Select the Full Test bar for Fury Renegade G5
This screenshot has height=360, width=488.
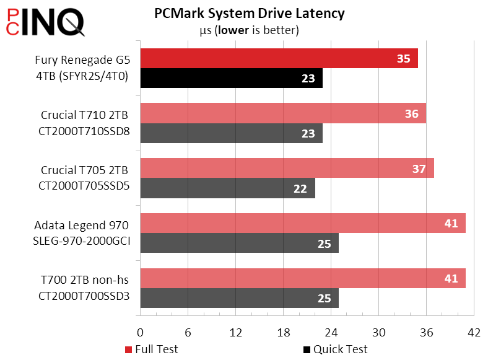point(279,59)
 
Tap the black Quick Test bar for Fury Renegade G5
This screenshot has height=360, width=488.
point(231,79)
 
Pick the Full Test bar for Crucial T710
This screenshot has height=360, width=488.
point(282,113)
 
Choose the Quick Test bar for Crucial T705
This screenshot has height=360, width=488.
point(227,188)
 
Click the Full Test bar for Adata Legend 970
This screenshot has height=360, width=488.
point(302,223)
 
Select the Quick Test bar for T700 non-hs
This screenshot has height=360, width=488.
point(239,298)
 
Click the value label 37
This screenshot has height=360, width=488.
point(419,169)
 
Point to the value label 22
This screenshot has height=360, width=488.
point(300,188)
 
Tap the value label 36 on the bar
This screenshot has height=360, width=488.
point(411,113)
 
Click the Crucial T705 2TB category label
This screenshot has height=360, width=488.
point(85,178)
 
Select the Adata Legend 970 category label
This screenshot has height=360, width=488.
point(85,233)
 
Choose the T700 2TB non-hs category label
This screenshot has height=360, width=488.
point(85,288)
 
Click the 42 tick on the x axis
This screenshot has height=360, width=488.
point(474,333)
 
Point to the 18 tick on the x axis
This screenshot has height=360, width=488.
point(284,333)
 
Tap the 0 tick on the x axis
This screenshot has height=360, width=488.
point(141,333)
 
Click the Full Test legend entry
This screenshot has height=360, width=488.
point(152,349)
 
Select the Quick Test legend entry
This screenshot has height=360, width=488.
point(335,349)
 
